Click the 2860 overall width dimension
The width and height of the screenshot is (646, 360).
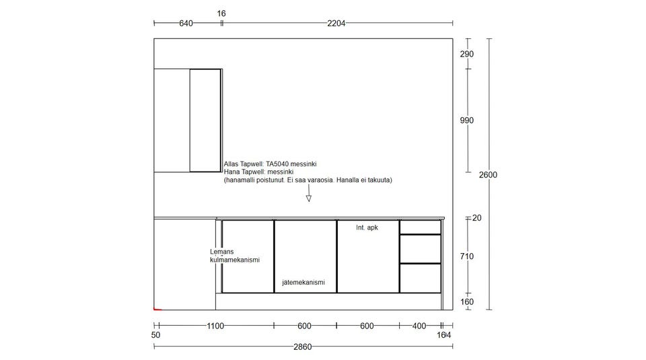302,347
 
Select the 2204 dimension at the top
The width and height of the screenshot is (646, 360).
336,24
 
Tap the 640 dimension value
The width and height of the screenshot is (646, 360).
186,24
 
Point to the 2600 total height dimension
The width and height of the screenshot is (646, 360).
488,175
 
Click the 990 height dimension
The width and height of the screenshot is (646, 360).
467,120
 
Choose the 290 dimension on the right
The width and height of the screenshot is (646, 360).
467,54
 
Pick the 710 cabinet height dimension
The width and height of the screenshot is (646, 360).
467,256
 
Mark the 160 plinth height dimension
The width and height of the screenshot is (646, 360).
467,301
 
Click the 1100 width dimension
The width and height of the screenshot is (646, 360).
215,326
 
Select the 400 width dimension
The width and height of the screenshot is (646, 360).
419,326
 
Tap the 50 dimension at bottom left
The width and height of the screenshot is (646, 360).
155,335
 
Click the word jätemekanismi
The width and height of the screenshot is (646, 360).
303,282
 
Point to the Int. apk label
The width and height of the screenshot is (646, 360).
367,227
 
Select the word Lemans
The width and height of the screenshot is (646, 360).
221,252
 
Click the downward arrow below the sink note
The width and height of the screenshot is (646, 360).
309,192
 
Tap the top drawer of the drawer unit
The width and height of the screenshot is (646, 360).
420,227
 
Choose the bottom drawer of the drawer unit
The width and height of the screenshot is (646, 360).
420,279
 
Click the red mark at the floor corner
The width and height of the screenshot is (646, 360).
157,309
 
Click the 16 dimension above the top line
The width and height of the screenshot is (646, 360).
221,13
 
